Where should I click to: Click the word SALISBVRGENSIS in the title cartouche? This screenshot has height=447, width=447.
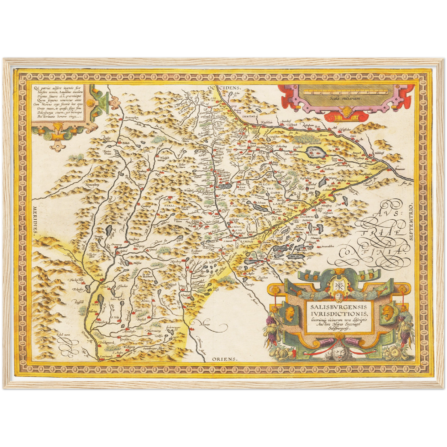(339, 307)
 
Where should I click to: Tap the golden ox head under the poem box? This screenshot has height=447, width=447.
(57, 127)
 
